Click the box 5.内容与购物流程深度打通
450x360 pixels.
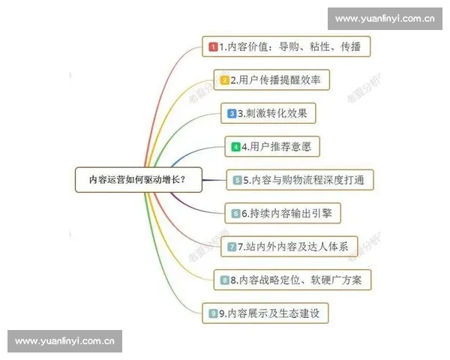299,180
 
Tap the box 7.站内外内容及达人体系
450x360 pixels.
292,246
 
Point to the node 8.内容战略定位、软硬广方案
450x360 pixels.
292,280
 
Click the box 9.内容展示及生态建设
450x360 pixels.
265,313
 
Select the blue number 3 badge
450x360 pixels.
232,114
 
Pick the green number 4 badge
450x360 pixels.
235,147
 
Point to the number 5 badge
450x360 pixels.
237,181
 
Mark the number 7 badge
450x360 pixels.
232,247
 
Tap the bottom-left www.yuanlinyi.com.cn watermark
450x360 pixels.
65,341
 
